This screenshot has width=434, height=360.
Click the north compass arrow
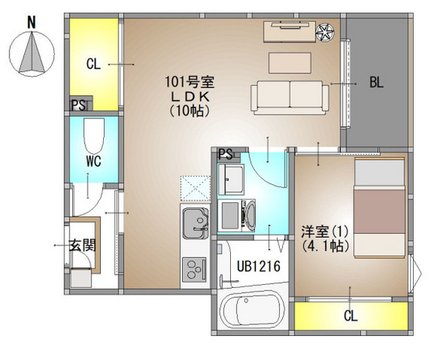pos(31,53)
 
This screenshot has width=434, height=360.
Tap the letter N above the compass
pos(31,23)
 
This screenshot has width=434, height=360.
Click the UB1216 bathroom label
pos(253,266)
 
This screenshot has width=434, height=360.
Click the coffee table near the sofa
pos(290,61)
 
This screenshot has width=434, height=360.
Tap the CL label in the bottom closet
pos(350,316)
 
